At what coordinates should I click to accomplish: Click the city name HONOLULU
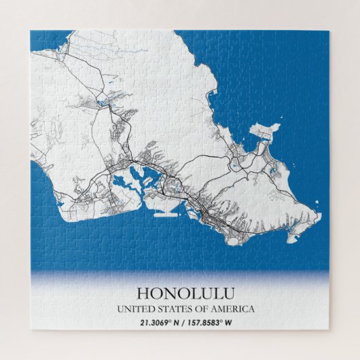click(x=180, y=293)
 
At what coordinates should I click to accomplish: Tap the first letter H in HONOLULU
click(x=143, y=293)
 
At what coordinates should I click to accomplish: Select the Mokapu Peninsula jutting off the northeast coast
click(x=266, y=132)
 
